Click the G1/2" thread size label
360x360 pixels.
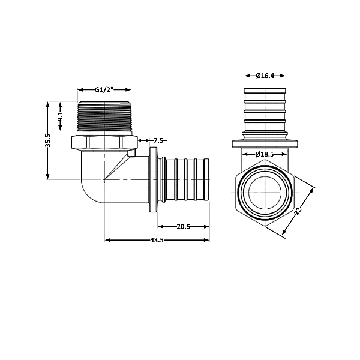point(104,89)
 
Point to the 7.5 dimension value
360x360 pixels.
point(159,140)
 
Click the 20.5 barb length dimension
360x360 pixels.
point(184,226)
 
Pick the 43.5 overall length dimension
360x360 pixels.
point(157,240)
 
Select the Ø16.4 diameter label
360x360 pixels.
point(265,76)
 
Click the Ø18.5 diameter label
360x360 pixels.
point(265,154)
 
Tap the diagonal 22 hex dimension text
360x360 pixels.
point(298,211)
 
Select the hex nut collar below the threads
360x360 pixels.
point(104,143)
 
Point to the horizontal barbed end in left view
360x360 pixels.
point(186,179)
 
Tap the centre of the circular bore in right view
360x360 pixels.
point(265,193)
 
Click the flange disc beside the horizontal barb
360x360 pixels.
point(153,180)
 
